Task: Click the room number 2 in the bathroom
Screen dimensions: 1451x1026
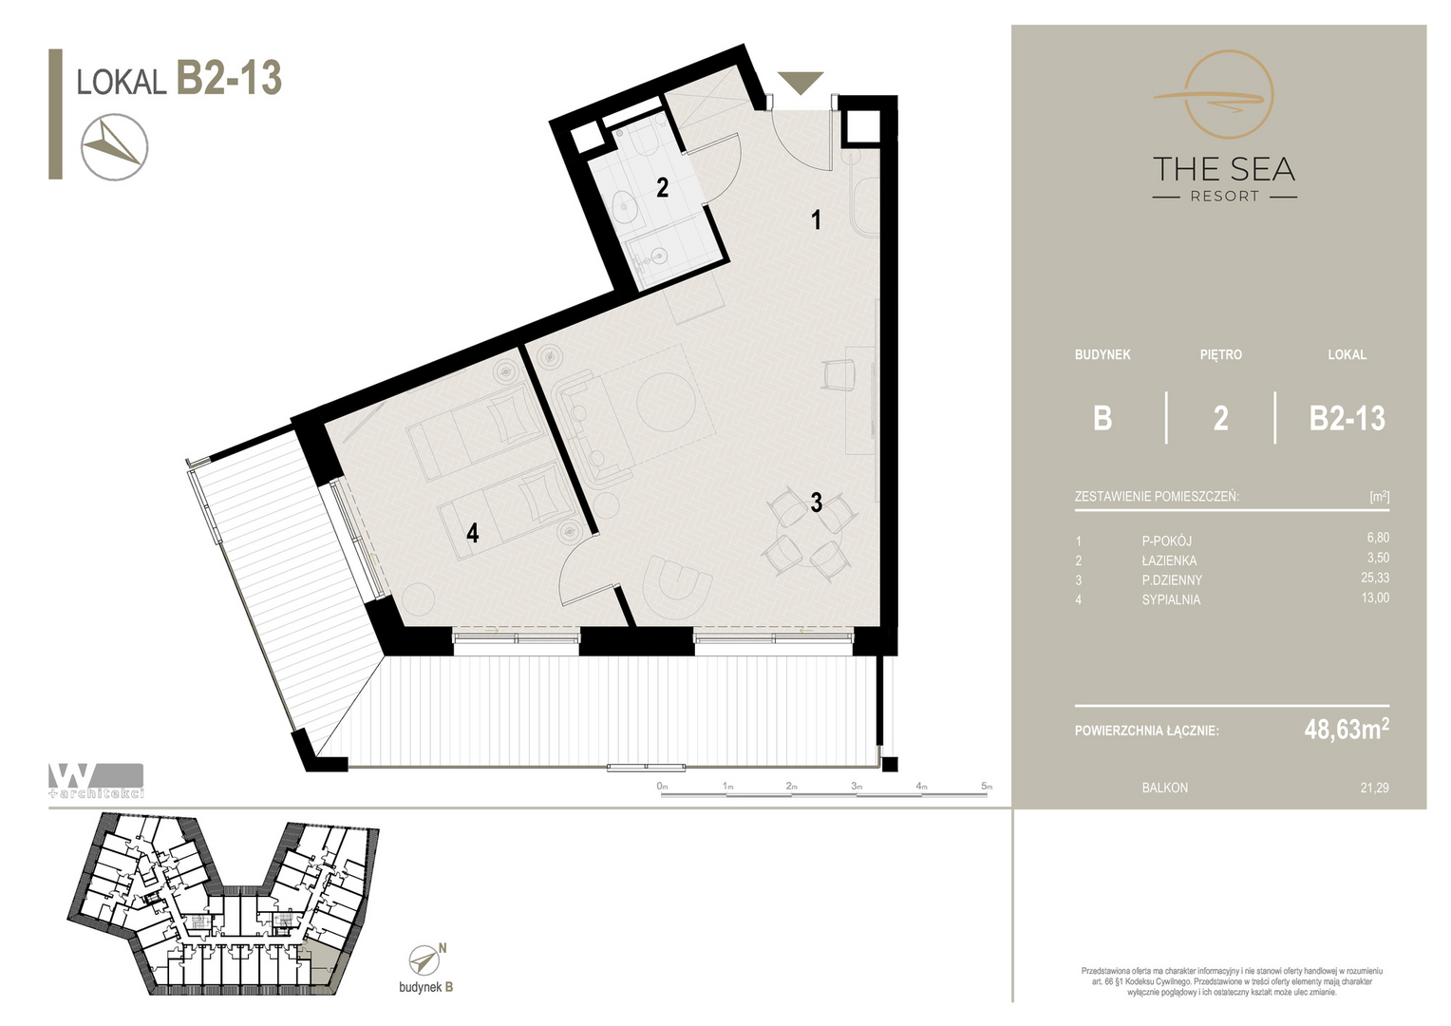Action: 662,188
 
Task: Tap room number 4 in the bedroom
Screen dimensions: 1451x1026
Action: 472,533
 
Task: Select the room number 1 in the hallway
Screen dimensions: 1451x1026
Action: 817,219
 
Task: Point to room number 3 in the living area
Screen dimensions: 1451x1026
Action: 817,502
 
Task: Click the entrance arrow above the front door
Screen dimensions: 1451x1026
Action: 801,83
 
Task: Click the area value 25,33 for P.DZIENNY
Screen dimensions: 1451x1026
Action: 1375,578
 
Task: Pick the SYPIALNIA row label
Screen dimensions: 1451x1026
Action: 1171,599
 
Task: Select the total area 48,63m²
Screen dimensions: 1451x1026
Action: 1347,730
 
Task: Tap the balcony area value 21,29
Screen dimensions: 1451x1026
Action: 1375,788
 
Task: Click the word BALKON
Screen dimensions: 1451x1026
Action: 1164,788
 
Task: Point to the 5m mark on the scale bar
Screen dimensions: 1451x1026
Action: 987,787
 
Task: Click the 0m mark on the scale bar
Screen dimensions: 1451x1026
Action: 662,787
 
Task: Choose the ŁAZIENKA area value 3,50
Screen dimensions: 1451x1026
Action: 1378,558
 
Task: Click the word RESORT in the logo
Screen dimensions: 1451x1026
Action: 1225,196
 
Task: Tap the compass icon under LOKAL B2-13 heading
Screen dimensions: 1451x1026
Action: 115,147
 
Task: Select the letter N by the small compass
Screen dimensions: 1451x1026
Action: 443,948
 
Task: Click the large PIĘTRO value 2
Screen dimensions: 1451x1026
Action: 1220,418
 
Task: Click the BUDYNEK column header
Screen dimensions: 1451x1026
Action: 1102,354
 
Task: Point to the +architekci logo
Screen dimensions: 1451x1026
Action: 96,780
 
